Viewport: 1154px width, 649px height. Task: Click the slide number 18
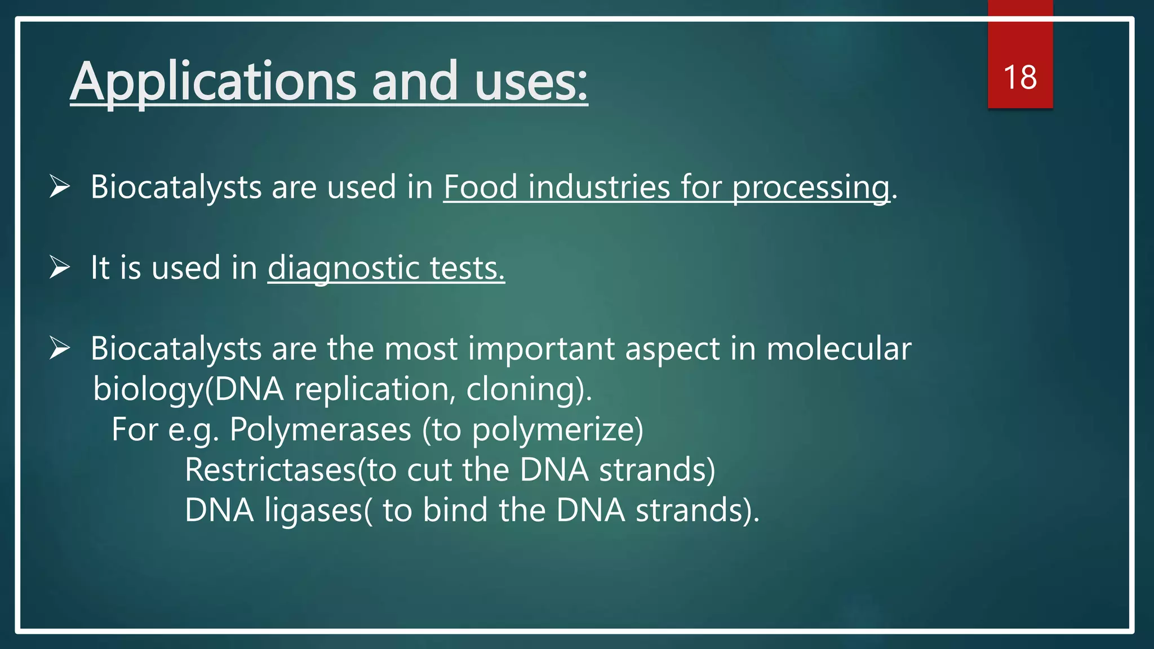tap(1020, 77)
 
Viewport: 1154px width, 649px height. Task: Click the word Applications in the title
tap(214, 82)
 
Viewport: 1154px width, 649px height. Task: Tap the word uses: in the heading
tap(531, 82)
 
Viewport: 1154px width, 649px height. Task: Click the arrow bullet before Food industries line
tap(59, 186)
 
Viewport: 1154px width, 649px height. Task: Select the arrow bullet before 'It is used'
tap(59, 267)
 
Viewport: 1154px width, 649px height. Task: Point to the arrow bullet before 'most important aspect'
tap(59, 348)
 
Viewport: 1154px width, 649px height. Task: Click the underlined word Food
tap(480, 187)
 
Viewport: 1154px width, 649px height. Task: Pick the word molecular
tap(838, 349)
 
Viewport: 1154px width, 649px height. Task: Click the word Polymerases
tap(320, 430)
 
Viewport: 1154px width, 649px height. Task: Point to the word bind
tap(455, 510)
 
